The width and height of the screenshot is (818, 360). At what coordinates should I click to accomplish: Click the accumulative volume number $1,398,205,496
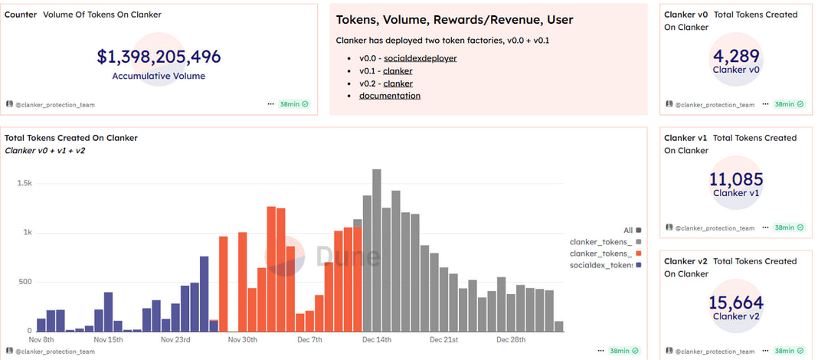[x=159, y=57]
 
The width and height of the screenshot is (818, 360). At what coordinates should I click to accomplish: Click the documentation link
[x=389, y=96]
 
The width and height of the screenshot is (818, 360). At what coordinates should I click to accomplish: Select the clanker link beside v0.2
[x=398, y=83]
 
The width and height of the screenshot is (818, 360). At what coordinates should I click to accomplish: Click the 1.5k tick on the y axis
[x=25, y=184]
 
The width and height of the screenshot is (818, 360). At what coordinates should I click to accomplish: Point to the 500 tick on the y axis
[x=25, y=282]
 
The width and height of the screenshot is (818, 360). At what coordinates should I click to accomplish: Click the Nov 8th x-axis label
[x=41, y=339]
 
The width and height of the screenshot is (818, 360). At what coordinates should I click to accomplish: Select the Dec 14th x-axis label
[x=377, y=339]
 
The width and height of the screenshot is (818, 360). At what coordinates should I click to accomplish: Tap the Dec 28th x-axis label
[x=510, y=339]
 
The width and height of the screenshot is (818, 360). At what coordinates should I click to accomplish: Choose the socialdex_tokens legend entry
[x=600, y=265]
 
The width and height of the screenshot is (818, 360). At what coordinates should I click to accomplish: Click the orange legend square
[x=638, y=254]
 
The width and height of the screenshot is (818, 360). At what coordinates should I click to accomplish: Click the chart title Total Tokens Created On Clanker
[x=71, y=138]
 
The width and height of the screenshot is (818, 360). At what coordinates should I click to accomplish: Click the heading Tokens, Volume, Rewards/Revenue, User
[x=454, y=20]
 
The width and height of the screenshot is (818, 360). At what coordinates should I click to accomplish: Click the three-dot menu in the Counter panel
[x=270, y=104]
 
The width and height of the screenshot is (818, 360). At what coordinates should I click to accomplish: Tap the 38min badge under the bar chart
[x=620, y=352]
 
